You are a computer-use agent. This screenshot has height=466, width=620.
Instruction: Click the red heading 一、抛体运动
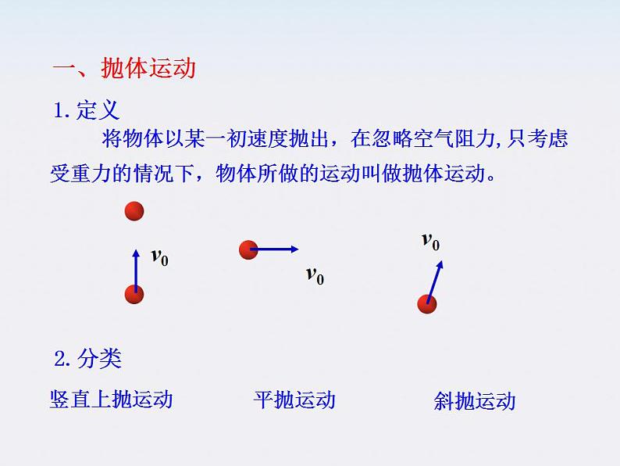(123, 69)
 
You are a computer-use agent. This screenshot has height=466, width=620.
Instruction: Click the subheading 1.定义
(87, 111)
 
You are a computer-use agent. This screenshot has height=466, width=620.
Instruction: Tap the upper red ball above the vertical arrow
(135, 211)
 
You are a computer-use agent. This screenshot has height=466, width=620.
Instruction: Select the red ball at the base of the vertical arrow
(135, 295)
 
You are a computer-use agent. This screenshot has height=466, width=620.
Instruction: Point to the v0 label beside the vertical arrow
(159, 256)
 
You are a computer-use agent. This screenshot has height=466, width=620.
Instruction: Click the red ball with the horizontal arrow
(248, 249)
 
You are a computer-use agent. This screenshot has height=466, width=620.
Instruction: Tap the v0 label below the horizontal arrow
(315, 275)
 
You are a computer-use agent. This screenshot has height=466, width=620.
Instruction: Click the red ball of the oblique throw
(426, 303)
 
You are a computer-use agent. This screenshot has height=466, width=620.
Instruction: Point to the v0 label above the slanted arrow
(430, 241)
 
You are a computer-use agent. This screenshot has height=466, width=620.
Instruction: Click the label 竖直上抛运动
(111, 400)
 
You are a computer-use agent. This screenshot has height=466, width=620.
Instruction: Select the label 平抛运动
(294, 400)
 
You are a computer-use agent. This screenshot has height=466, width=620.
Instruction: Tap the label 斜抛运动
(475, 402)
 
